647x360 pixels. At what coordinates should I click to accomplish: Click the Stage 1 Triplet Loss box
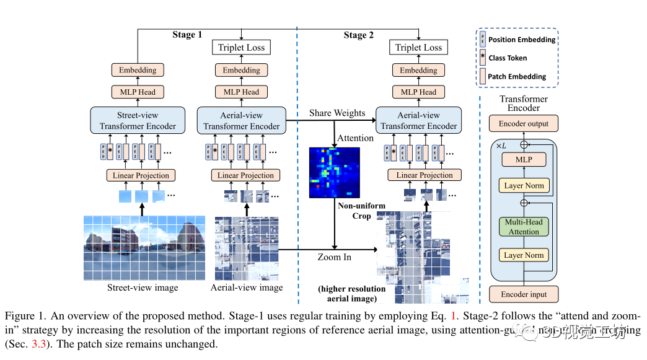click(241, 48)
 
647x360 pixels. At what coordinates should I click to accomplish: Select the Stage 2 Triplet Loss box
click(419, 48)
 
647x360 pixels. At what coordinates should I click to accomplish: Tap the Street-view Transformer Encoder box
click(138, 121)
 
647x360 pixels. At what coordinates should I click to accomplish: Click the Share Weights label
click(337, 113)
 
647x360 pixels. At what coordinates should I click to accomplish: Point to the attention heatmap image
click(335, 172)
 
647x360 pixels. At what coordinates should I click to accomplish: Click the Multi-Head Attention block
click(524, 227)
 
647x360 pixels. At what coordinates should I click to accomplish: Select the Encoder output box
click(524, 123)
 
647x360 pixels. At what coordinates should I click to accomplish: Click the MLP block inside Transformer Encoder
click(524, 159)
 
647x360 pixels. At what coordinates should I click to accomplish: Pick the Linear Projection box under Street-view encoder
click(141, 175)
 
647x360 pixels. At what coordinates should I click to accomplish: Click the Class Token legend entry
click(508, 58)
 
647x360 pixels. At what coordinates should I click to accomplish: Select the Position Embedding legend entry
click(521, 40)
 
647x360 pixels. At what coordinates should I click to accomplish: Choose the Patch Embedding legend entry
click(517, 77)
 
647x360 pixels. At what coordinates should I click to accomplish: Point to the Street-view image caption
click(143, 288)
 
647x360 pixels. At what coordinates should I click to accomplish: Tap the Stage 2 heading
click(359, 35)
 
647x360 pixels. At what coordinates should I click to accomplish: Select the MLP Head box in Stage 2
click(419, 92)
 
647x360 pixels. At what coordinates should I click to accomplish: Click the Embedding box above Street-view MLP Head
click(138, 70)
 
